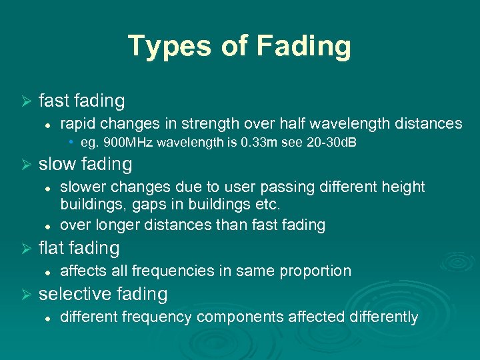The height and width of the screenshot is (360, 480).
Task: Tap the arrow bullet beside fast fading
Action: pos(27,101)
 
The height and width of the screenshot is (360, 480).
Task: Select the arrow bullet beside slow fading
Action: pos(27,164)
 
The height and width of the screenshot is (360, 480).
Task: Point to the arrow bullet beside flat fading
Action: pos(27,249)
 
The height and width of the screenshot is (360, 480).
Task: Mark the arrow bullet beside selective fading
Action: pos(27,294)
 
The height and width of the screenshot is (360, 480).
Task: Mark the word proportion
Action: pos(317,271)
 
